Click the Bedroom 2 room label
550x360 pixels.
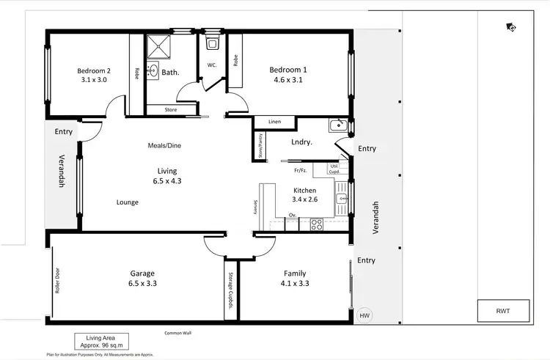[93, 71]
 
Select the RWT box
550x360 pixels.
[503, 311]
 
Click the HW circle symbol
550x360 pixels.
[364, 315]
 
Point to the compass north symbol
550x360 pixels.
[510, 28]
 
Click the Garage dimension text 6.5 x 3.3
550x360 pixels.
[143, 284]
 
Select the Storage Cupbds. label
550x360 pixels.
[230, 290]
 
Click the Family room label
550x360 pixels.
[295, 273]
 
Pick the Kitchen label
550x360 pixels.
[304, 190]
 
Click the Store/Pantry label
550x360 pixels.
[260, 145]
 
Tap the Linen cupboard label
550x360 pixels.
[275, 122]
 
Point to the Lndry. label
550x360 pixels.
[302, 142]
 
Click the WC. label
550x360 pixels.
[211, 65]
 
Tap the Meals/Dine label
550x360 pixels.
[164, 145]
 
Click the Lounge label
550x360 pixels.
[127, 202]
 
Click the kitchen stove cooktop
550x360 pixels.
[317, 224]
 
